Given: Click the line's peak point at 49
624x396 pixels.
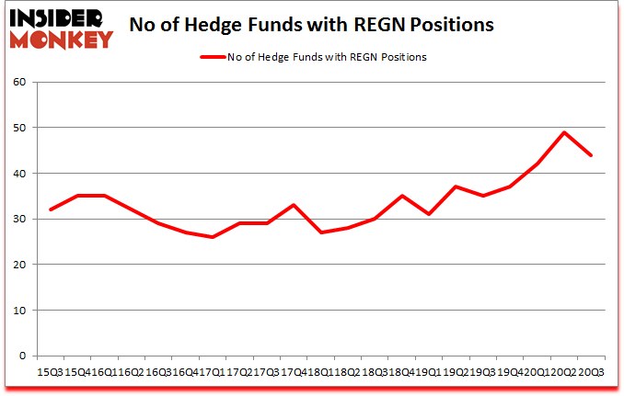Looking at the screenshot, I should point(563,132).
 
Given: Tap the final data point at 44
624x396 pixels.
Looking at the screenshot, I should point(590,155).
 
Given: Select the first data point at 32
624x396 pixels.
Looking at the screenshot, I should point(51,209).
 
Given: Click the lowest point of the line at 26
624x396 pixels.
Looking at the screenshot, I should point(213,237).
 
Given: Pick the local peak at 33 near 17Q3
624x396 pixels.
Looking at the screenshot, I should point(294,205).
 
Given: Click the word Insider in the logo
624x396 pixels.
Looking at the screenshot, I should point(60,16).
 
